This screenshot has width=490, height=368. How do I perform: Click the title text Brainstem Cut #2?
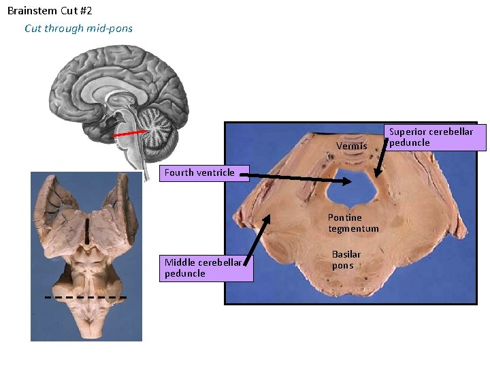[50, 11]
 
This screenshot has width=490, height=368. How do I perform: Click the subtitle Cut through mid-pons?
[78, 28]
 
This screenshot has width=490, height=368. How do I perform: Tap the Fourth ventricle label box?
[199, 172]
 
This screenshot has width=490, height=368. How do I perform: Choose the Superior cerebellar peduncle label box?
[431, 137]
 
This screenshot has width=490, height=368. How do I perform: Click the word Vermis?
[351, 146]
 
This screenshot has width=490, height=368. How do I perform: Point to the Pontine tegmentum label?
[353, 223]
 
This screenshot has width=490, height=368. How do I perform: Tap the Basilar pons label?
[346, 260]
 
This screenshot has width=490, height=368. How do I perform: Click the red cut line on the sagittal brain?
[131, 134]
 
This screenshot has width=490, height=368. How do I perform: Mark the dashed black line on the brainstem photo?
[86, 298]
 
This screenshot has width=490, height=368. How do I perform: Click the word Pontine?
[345, 217]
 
